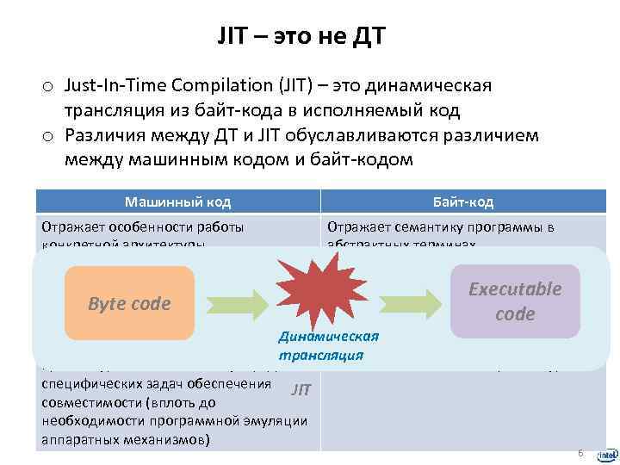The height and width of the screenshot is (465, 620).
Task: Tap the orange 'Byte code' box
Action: (x=130, y=303)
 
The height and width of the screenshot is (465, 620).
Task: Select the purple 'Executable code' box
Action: (x=515, y=301)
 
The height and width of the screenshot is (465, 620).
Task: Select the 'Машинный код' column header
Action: (x=177, y=201)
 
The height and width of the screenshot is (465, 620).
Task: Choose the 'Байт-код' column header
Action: (x=463, y=201)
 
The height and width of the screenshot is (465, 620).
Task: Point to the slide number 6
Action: (x=580, y=454)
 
